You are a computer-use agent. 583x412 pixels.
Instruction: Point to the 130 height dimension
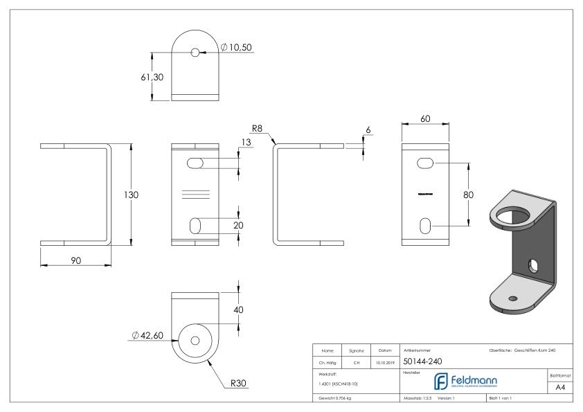click(131, 195)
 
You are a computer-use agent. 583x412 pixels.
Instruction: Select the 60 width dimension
click(427, 119)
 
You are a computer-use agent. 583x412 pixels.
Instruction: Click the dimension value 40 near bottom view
click(238, 310)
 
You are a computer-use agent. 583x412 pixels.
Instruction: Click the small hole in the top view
click(196, 53)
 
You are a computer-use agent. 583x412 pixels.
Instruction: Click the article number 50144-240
click(422, 361)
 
